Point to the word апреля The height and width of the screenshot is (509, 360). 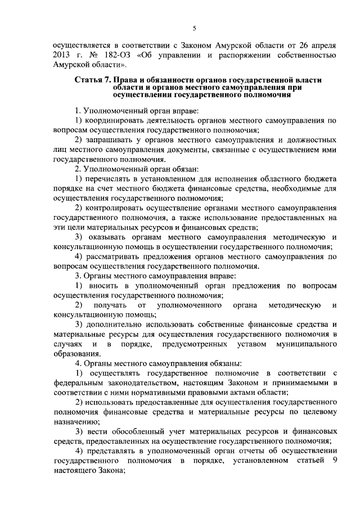tap(323, 44)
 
